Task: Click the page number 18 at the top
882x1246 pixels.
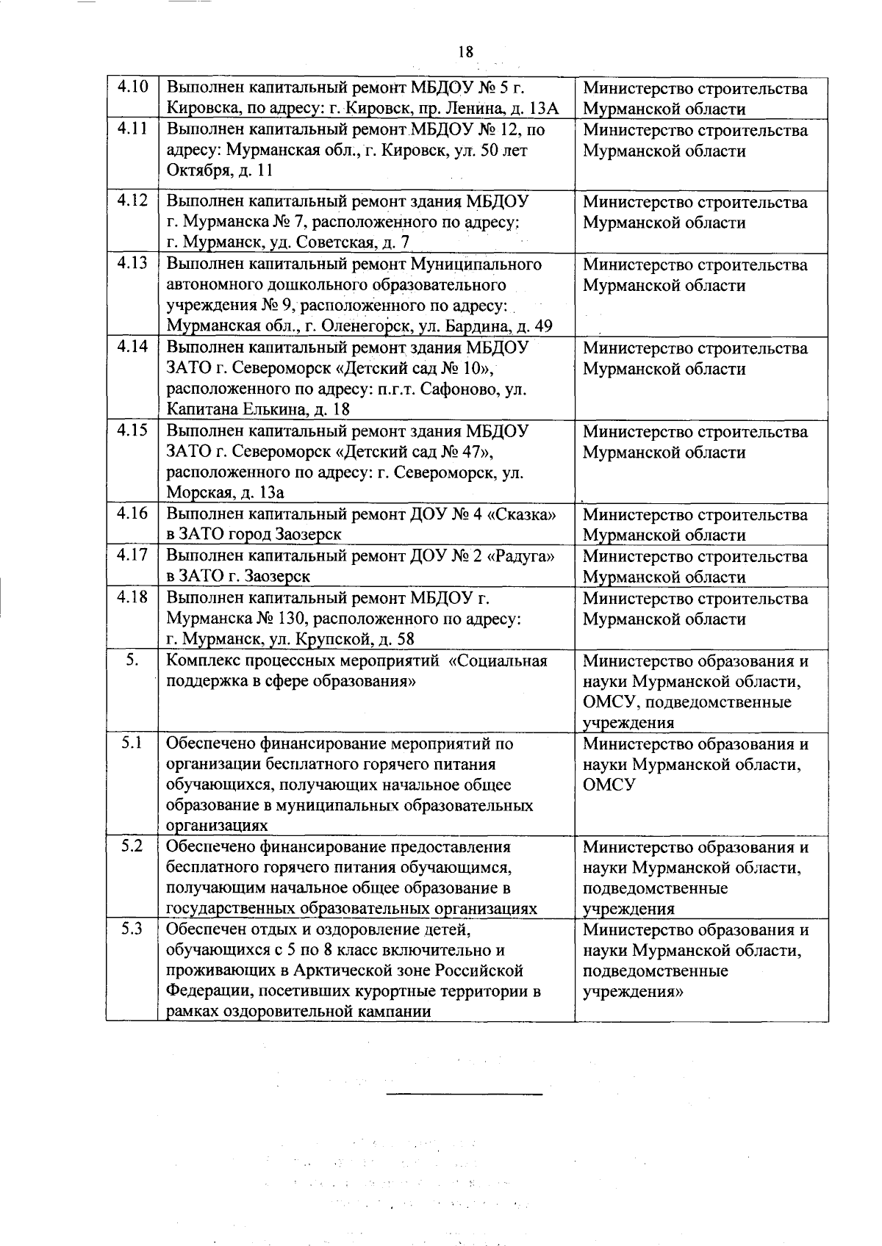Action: click(465, 51)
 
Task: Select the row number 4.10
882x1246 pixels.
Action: click(133, 87)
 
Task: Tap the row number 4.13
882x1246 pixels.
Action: click(133, 263)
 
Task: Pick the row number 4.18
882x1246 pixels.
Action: click(133, 597)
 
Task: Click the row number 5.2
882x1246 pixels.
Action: click(133, 846)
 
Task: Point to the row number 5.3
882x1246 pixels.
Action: click(133, 929)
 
